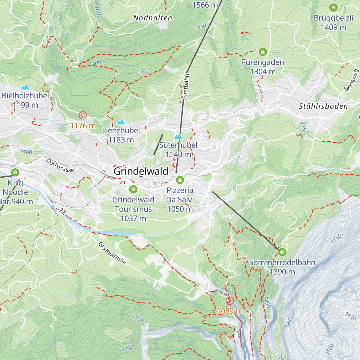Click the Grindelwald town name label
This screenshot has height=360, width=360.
(x=141, y=171)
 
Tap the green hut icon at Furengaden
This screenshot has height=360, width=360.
(x=263, y=52)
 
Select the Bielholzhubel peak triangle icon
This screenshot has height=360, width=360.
(x=25, y=87)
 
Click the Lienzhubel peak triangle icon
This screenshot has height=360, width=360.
(x=121, y=121)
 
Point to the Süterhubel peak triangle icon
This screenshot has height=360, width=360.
(x=178, y=136)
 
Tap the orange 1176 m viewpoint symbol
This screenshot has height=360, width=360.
(x=82, y=115)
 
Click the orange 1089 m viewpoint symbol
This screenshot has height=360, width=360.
(x=229, y=301)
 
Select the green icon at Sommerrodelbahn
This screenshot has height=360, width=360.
(x=282, y=252)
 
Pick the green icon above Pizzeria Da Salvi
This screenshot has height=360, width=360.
(x=180, y=180)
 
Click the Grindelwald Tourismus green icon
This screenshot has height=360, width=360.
(x=133, y=189)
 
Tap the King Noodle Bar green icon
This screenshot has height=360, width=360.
(x=15, y=172)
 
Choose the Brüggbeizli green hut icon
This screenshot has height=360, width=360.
(x=333, y=7)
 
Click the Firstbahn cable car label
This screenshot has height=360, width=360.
(x=186, y=86)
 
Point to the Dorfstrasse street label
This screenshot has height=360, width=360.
(x=60, y=165)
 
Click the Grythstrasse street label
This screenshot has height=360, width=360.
(x=112, y=253)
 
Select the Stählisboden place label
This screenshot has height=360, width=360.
(x=323, y=106)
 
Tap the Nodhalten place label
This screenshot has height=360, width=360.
(x=153, y=18)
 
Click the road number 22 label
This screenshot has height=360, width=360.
(x=62, y=211)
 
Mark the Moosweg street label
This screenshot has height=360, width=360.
(x=352, y=80)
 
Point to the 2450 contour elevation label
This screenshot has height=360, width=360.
(x=350, y=316)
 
